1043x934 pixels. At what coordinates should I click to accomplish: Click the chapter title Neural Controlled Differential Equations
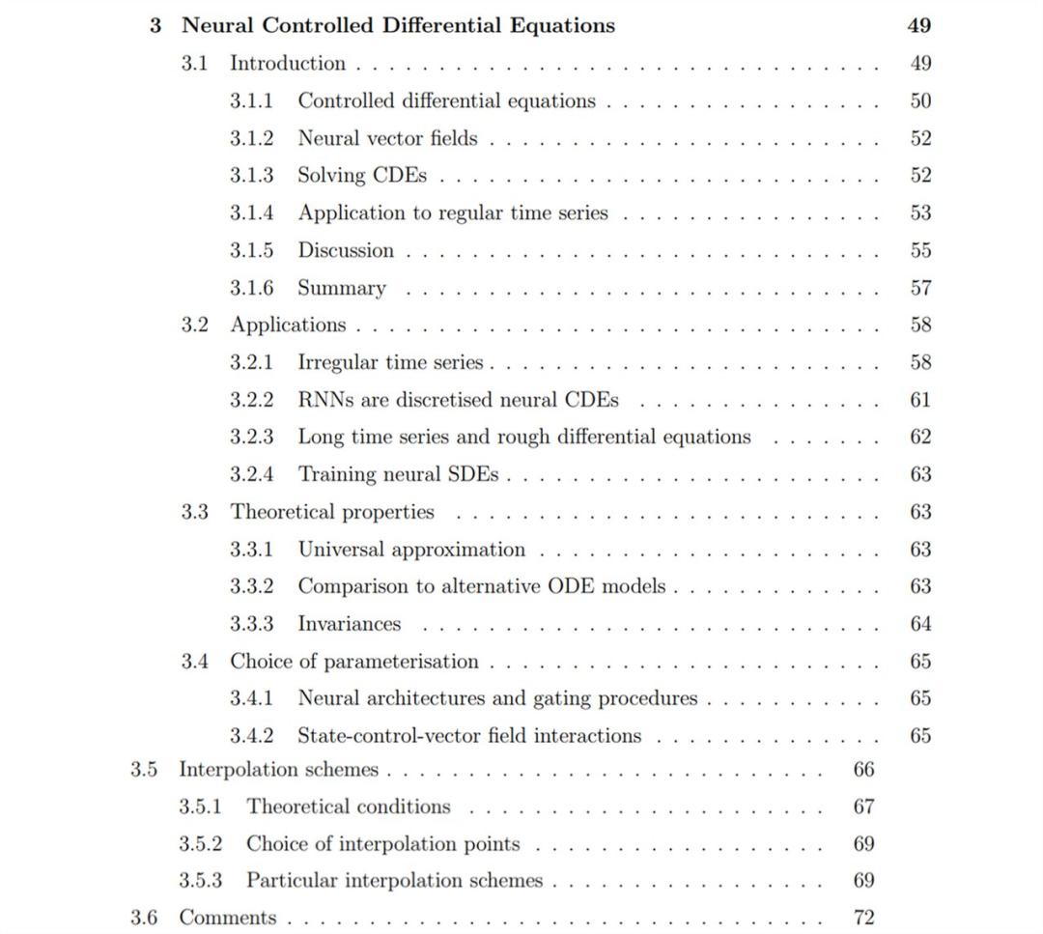coord(398,26)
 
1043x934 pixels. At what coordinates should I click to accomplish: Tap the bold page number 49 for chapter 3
coord(918,26)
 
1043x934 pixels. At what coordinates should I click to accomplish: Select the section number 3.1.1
coord(251,101)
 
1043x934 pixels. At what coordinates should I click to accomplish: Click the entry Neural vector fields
coord(387,138)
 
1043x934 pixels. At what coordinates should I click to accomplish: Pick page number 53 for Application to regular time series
coord(920,213)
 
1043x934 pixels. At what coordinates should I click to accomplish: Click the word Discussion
coord(346,250)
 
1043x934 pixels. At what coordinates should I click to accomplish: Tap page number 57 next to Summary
coord(920,288)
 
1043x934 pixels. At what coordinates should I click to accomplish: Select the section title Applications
coord(288,325)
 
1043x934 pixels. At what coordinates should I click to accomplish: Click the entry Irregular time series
coord(390,363)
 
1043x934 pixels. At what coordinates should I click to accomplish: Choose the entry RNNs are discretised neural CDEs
coord(458,400)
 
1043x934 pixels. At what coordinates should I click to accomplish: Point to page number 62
coord(920,438)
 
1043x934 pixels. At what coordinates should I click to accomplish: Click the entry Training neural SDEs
coord(398,474)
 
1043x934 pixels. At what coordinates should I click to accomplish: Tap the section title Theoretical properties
coord(332,512)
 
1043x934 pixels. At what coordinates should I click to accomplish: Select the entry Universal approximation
coord(411,550)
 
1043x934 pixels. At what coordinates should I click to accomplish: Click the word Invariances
coord(349,624)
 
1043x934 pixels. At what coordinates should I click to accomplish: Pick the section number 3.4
coord(194,662)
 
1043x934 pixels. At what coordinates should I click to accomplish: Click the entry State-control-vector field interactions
coord(469,736)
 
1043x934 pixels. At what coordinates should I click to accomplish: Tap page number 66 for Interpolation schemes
coord(863,770)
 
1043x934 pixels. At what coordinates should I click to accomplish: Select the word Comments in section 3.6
coord(228,918)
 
